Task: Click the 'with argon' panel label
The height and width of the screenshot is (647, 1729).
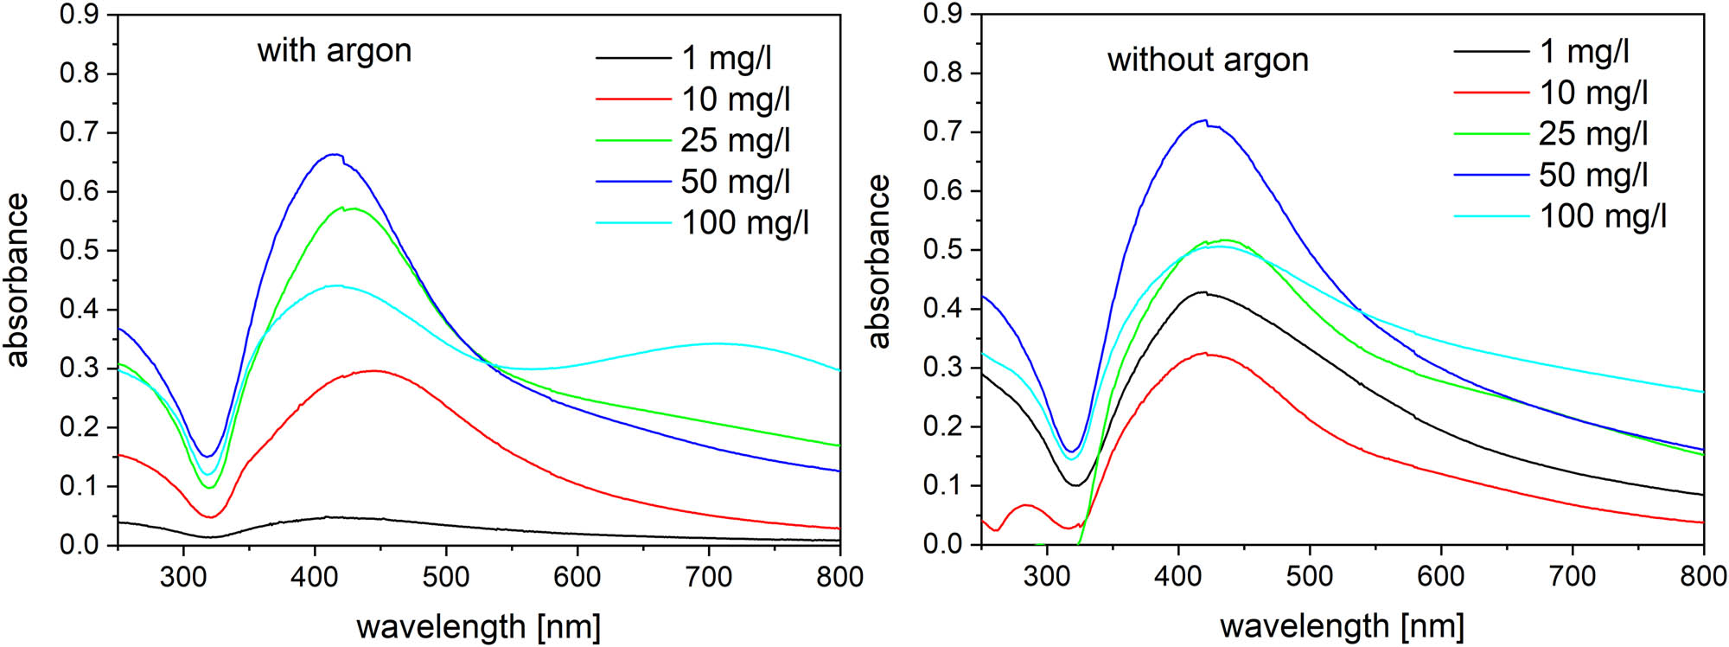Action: [334, 50]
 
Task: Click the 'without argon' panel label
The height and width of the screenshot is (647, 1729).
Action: [1208, 60]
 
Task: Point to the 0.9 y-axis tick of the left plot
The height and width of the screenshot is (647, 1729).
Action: [79, 15]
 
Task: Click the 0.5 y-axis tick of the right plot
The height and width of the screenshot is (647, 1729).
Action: [942, 250]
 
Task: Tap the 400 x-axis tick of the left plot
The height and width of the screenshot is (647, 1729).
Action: [315, 577]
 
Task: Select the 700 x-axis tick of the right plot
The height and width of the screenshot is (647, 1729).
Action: [1572, 576]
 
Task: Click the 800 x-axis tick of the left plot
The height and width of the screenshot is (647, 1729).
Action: [839, 577]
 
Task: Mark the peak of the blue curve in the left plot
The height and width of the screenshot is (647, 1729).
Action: [334, 155]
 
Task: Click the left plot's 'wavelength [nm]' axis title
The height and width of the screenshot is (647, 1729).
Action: [478, 626]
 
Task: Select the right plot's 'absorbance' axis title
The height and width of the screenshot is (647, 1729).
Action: [878, 261]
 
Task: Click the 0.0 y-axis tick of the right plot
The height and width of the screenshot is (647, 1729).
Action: [942, 544]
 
